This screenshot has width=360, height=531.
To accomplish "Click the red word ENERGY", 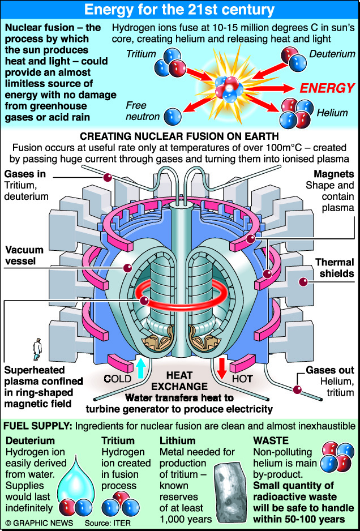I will [x=327, y=88].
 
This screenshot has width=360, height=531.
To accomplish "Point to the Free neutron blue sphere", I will [x=170, y=116].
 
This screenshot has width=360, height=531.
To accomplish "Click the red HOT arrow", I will [x=222, y=367].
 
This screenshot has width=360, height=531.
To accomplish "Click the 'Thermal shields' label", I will [x=335, y=268].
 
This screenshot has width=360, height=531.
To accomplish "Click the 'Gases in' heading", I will [x=25, y=174].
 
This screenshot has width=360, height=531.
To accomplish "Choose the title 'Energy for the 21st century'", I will [x=179, y=10].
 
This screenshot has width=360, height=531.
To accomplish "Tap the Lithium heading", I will [x=177, y=440].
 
